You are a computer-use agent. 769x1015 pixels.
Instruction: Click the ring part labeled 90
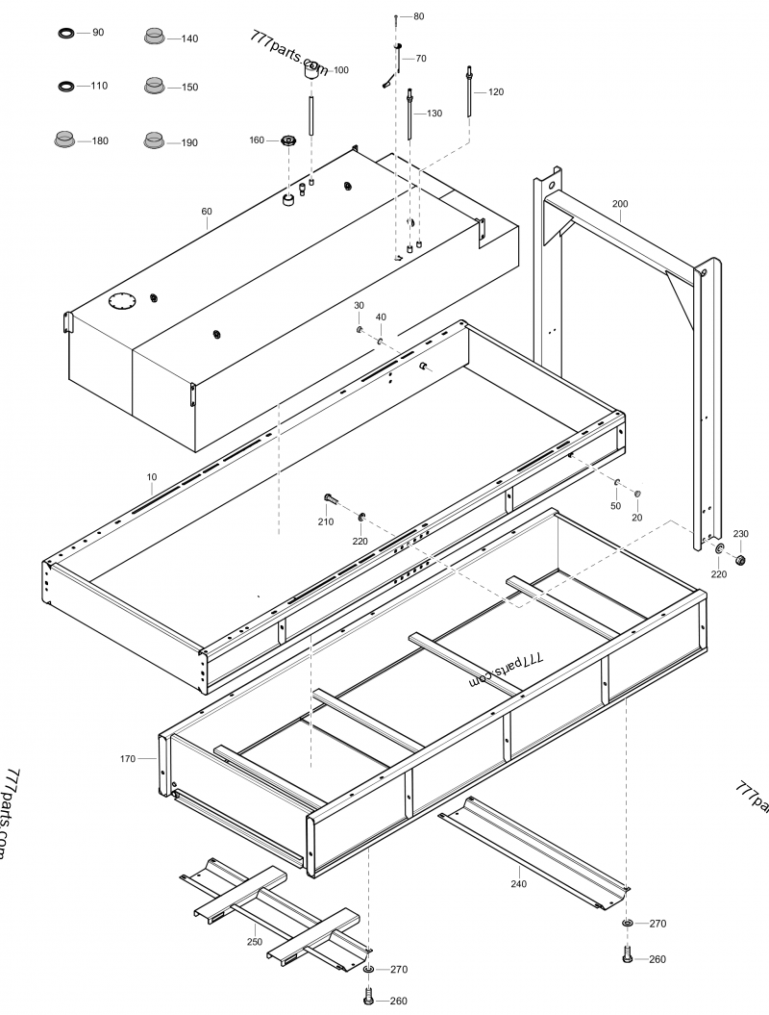point(66,34)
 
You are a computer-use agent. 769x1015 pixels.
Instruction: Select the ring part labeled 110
point(66,87)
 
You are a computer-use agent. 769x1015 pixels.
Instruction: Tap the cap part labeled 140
point(154,37)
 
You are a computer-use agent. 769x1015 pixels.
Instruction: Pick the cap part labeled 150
point(154,86)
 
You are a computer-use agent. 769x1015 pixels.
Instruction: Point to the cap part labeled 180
point(64,139)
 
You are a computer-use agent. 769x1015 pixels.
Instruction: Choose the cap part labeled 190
point(154,140)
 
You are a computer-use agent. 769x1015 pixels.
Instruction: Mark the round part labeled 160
point(287,141)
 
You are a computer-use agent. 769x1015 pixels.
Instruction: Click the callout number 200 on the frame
point(620,204)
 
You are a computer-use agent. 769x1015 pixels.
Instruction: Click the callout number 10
point(151,477)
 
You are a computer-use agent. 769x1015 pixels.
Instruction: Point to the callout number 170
point(128,759)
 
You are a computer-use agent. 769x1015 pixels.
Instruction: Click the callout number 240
point(518,882)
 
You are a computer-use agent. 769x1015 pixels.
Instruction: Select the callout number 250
point(254,942)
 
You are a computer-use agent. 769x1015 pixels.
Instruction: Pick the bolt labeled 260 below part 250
point(368,997)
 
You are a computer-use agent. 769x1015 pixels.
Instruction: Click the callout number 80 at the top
point(418,16)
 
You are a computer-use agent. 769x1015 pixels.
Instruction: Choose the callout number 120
point(496,92)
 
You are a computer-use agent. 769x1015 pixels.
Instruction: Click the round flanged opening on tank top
point(123,300)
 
